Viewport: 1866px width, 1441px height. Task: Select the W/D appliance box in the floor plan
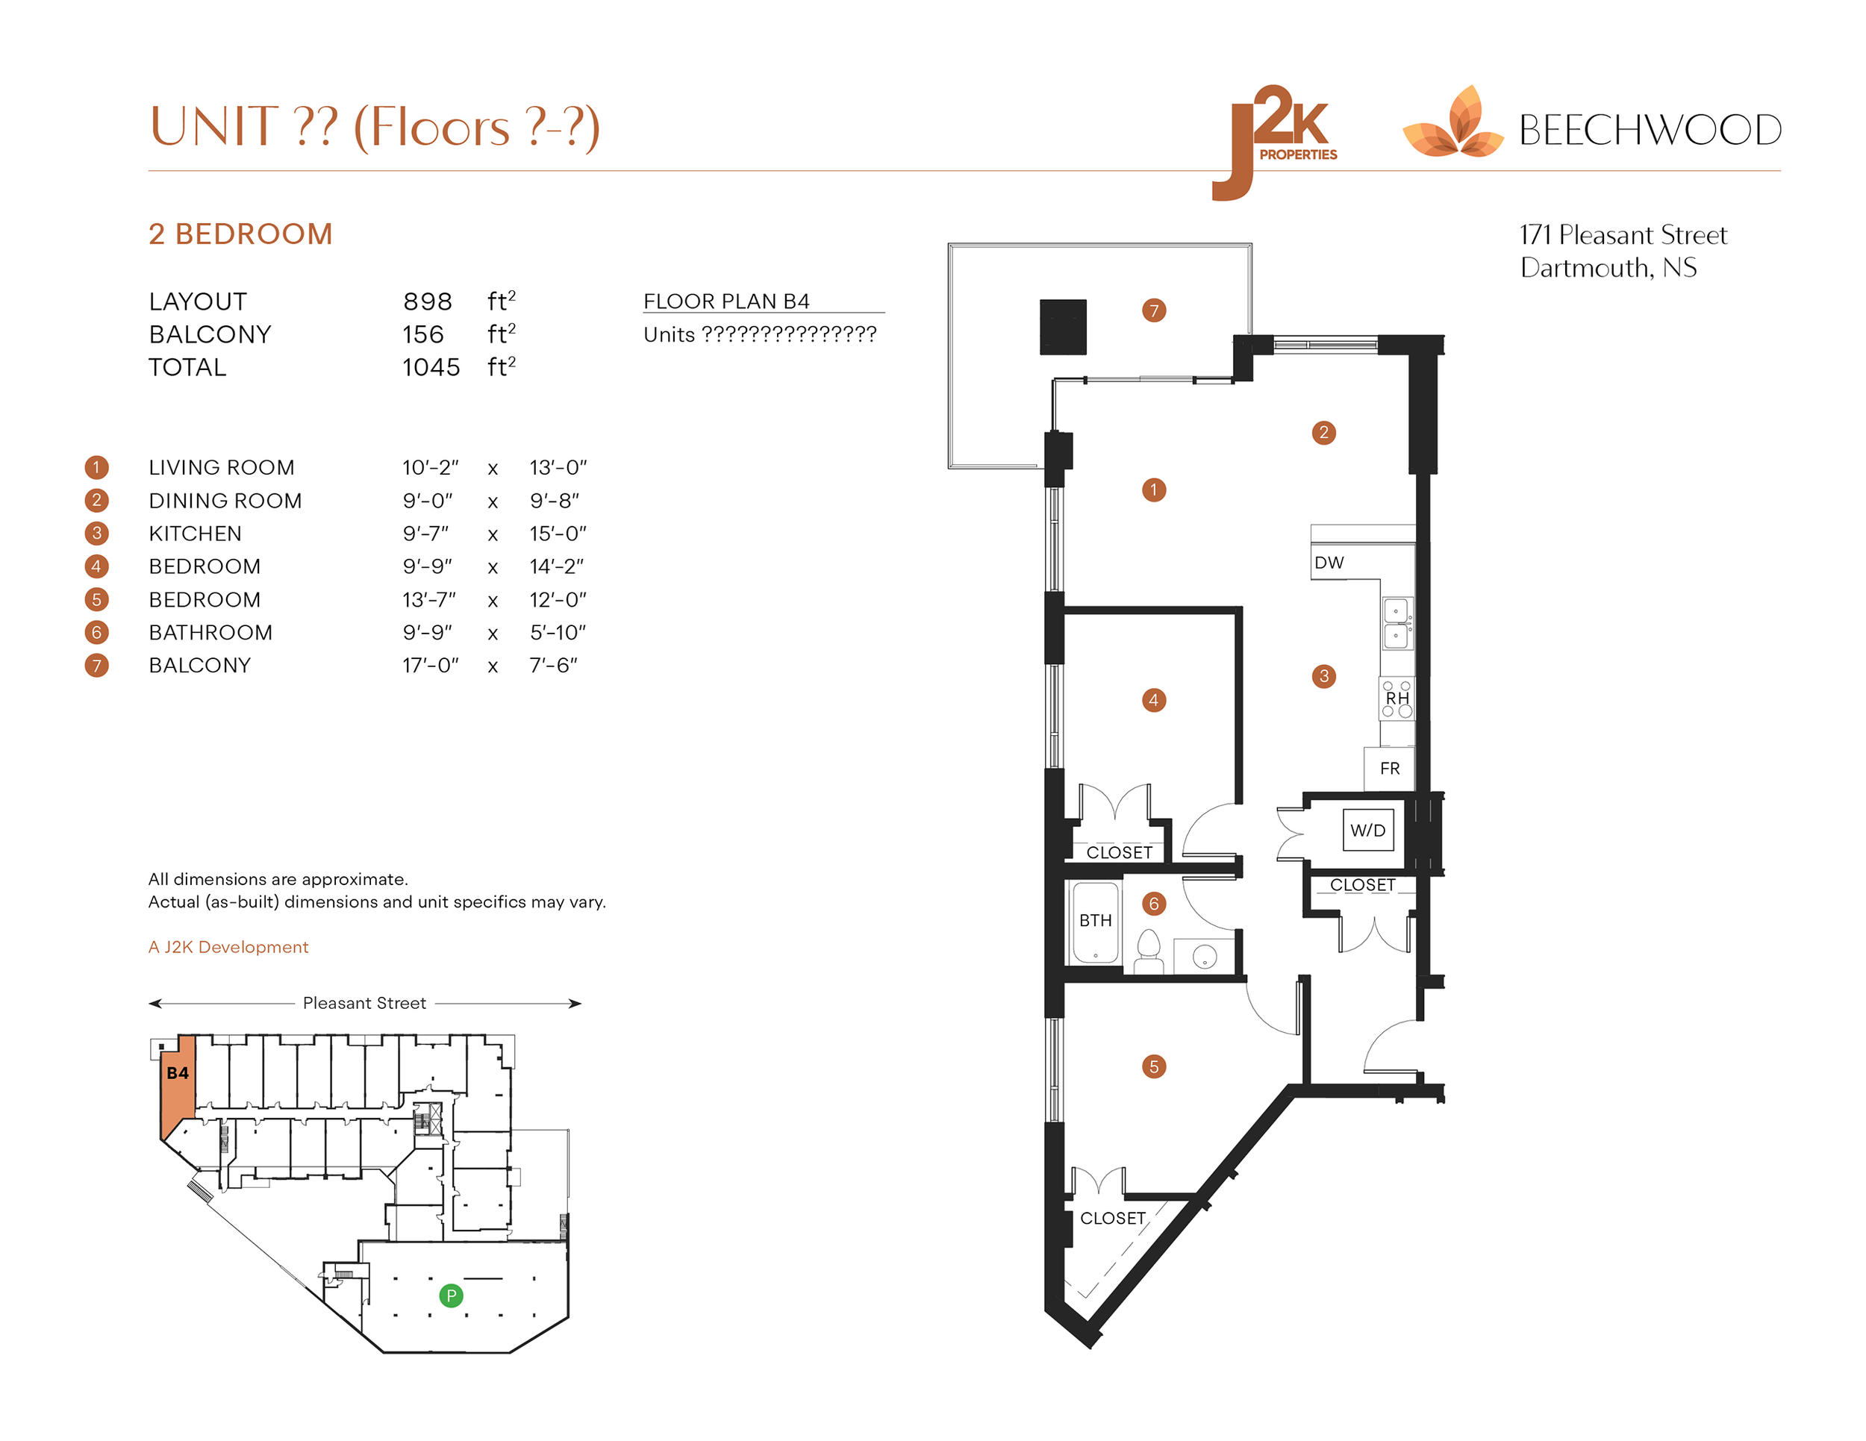1367,829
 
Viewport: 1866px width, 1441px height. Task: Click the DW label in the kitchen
1329,562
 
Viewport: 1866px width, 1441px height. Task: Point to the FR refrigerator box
1389,768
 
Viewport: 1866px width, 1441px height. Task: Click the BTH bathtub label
1094,920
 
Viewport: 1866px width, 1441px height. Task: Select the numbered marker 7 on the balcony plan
1153,310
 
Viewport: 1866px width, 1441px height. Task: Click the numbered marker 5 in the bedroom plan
1153,1066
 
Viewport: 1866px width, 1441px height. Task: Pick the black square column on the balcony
1062,326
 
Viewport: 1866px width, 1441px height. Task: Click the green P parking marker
450,1295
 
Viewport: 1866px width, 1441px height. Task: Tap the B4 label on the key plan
178,1073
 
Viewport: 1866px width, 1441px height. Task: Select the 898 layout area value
427,301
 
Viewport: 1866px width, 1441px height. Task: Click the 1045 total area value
431,367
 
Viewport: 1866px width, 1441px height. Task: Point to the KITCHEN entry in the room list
195,533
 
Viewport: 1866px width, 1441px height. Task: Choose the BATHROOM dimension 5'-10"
557,632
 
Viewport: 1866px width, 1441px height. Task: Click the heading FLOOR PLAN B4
726,301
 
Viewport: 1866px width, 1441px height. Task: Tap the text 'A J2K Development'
228,946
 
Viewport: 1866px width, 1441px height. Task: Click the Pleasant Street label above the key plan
364,1003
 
